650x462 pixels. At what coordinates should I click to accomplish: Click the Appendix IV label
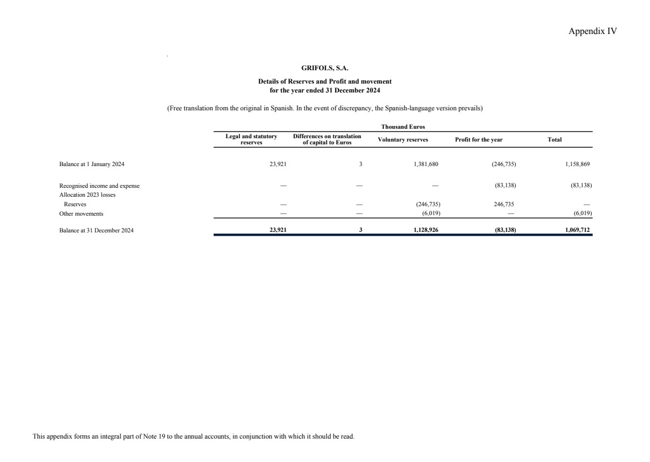click(593, 31)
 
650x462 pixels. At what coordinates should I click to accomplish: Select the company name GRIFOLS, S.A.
click(325, 69)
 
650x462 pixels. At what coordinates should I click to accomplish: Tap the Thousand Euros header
click(403, 127)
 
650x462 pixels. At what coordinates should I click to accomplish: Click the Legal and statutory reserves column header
click(251, 139)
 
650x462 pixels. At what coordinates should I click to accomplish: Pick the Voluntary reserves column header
click(403, 139)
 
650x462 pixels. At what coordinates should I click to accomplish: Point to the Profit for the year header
click(479, 139)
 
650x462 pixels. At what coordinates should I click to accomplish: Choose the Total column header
click(555, 139)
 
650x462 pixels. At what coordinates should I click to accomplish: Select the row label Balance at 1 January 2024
click(92, 164)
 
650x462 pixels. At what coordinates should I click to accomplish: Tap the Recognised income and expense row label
click(100, 186)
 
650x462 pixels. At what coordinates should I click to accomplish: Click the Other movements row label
click(81, 213)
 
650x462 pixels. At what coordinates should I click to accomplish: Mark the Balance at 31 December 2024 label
click(96, 230)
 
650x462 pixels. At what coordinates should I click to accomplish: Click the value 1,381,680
click(426, 164)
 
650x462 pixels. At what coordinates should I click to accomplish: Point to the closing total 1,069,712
click(577, 230)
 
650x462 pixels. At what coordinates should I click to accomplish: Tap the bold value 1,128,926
click(426, 230)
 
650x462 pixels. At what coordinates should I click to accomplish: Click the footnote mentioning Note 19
click(194, 436)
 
